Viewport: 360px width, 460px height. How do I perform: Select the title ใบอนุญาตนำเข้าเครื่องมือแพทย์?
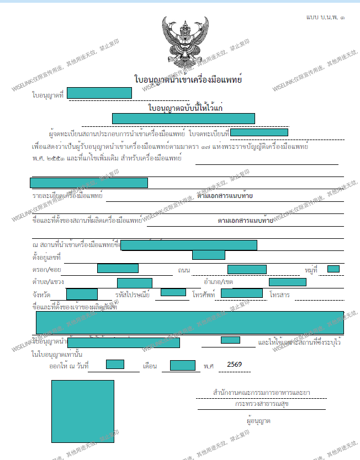(188, 80)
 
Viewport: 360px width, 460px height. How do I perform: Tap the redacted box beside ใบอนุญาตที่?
(99, 93)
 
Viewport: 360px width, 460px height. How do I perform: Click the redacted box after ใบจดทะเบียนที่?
(259, 132)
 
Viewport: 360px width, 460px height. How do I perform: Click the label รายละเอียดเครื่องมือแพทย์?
(67, 196)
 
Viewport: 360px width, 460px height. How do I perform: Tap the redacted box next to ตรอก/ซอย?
(118, 269)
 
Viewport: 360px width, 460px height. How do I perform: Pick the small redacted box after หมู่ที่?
(333, 269)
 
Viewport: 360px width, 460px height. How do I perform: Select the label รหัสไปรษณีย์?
(133, 295)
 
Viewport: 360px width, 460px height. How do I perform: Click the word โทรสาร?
(280, 295)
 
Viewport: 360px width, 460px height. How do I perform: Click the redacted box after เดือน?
(182, 365)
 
